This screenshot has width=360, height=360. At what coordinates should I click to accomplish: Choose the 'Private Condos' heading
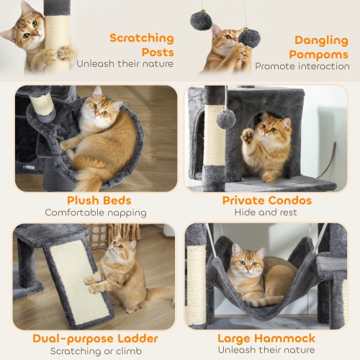coord(266,200)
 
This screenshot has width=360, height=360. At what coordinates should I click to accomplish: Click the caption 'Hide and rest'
coord(266,212)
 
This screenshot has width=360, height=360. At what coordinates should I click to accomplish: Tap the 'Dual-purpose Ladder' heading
coord(95,338)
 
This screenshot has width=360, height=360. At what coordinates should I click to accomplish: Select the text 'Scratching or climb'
coord(95,351)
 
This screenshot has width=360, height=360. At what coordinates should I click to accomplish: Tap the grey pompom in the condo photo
coord(226,120)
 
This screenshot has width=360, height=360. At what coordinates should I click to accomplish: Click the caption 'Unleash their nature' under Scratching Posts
coord(125,63)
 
